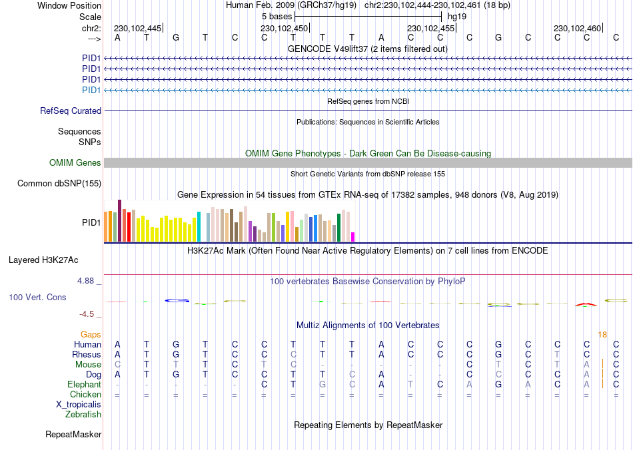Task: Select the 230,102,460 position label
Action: click(577, 28)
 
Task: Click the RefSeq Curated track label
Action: click(71, 111)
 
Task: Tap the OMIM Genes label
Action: click(75, 163)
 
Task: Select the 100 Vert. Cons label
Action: click(37, 297)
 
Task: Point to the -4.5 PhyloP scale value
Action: click(89, 314)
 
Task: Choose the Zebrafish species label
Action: click(83, 415)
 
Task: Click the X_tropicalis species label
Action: click(79, 404)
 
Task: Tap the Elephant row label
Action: click(85, 385)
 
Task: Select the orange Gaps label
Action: click(91, 335)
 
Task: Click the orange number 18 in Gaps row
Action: click(602, 335)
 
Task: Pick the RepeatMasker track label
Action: click(73, 435)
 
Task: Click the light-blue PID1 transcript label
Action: click(91, 90)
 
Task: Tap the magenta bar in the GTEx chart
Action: click(353, 236)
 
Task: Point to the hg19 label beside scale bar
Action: click(457, 15)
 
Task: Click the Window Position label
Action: click(69, 5)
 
